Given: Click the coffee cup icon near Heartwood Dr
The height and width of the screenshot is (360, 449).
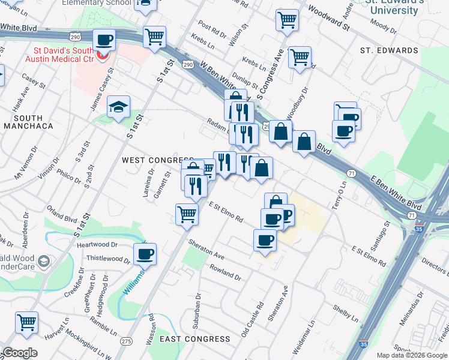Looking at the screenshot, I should (145, 254).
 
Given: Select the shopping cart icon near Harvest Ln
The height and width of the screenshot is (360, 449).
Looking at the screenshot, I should (27, 323).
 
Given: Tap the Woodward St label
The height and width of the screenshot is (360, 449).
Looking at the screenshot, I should (329, 16).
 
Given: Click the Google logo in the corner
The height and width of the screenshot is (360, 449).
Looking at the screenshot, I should (20, 353).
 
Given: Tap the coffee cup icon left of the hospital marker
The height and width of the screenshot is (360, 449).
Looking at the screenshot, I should (105, 40).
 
